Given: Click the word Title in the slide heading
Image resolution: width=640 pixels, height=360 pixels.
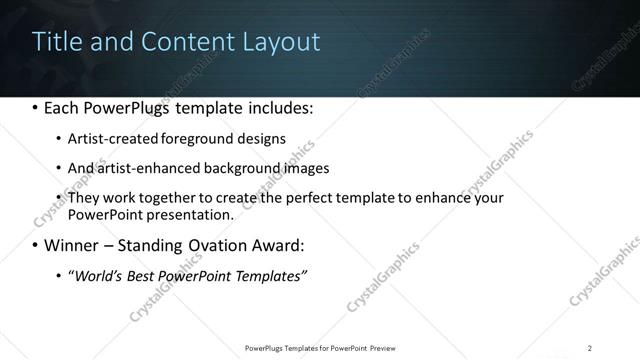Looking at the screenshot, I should tap(56, 42).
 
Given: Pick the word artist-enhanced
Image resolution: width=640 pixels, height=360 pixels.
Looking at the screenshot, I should tap(147, 168).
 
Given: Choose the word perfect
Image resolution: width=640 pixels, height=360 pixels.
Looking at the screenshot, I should tap(304, 198).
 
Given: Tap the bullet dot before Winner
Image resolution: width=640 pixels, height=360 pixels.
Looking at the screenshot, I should tap(36, 245).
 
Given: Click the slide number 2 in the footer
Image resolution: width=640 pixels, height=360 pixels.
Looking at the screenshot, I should tap(590, 348).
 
